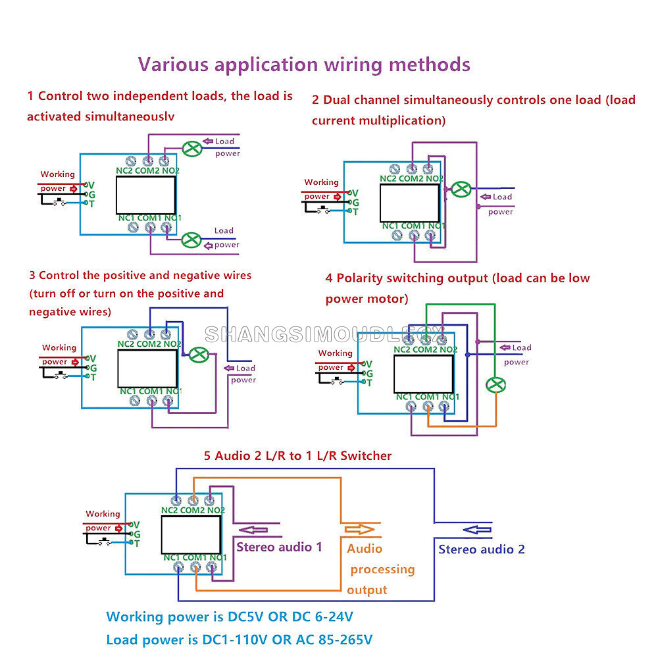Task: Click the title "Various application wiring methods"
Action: tap(304, 65)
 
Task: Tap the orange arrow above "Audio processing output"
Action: tap(358, 528)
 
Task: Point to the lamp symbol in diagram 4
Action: tap(495, 385)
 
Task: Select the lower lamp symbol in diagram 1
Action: tap(192, 240)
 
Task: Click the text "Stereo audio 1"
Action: tap(279, 547)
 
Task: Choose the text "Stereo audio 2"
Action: tap(482, 549)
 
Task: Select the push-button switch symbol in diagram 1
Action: tap(61, 202)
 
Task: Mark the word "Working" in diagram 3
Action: tap(59, 347)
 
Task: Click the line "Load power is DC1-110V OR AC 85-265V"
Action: tap(240, 640)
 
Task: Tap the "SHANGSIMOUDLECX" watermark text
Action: tap(324, 334)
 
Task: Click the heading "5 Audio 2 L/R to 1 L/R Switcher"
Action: tap(297, 455)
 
